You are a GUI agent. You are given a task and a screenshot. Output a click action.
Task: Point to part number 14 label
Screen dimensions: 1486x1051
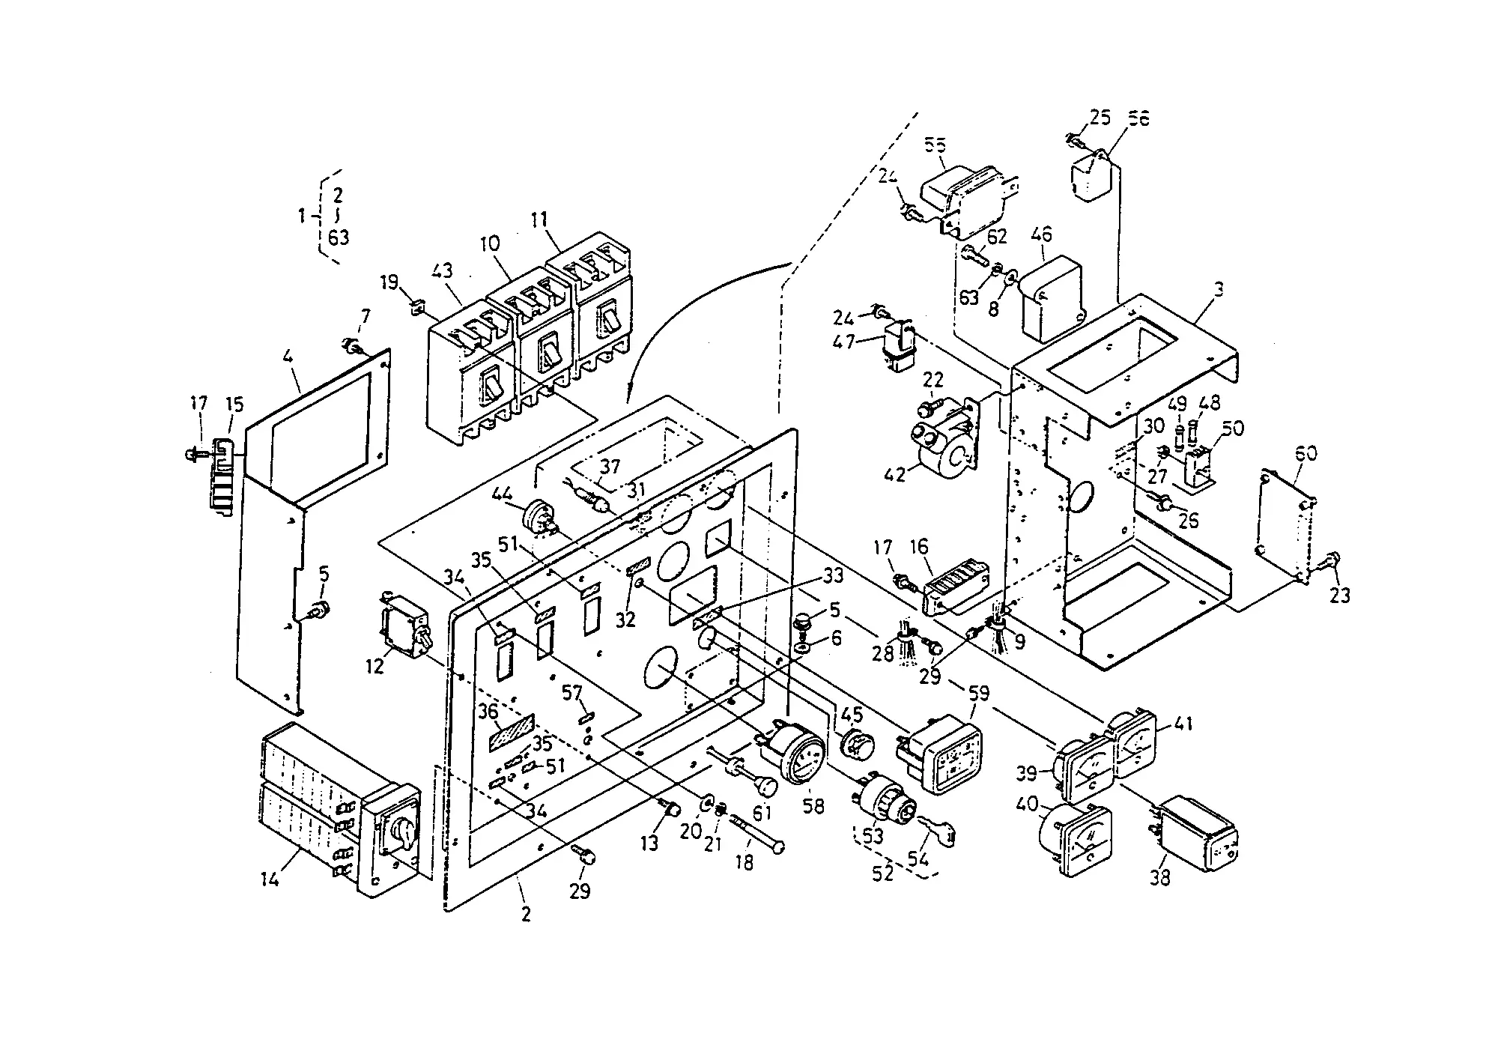[x=270, y=879]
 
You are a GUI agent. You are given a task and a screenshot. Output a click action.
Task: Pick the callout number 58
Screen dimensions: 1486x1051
[x=813, y=806]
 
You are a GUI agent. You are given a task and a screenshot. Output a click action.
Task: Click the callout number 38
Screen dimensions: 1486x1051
[x=1160, y=876]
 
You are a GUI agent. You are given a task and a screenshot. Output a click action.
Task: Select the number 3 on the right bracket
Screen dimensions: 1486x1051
[x=1219, y=290]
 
